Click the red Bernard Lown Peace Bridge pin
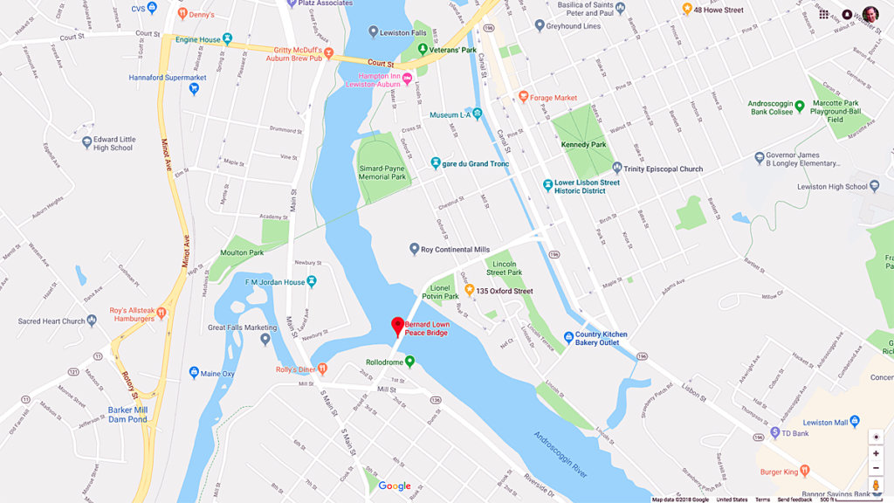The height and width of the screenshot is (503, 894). [x=397, y=327]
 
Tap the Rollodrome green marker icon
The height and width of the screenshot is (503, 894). [x=409, y=362]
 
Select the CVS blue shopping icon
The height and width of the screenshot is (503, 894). [x=152, y=8]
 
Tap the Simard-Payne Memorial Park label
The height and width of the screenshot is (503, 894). [x=382, y=172]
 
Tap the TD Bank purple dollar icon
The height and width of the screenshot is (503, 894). [x=774, y=432]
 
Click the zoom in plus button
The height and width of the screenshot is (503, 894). [x=876, y=453]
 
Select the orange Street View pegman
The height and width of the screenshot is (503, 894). [x=876, y=486]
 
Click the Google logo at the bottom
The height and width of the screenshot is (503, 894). [x=395, y=486]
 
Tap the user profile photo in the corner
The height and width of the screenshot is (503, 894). [x=870, y=14]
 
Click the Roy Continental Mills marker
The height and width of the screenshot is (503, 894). [x=415, y=250]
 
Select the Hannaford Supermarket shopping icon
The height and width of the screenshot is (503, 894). [x=194, y=88]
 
